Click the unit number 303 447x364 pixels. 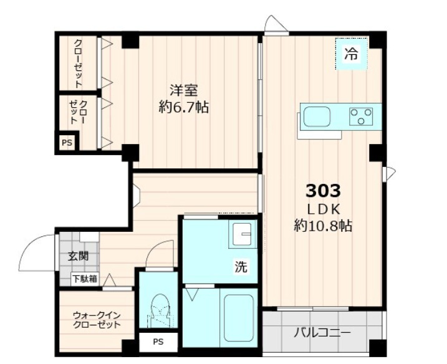(x=322, y=189)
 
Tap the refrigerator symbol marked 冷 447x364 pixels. (x=352, y=54)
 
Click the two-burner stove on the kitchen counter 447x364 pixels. (x=361, y=116)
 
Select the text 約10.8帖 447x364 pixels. (x=322, y=226)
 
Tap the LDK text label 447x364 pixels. (x=322, y=207)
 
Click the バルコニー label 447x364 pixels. (x=322, y=332)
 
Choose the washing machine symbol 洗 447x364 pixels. (x=241, y=267)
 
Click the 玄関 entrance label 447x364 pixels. (x=78, y=256)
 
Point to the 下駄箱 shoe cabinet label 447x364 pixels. (x=85, y=279)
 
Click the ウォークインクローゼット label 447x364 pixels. (x=96, y=320)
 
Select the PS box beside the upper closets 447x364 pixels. (x=66, y=143)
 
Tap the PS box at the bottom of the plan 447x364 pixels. (x=158, y=342)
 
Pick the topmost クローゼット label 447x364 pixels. (x=79, y=62)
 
